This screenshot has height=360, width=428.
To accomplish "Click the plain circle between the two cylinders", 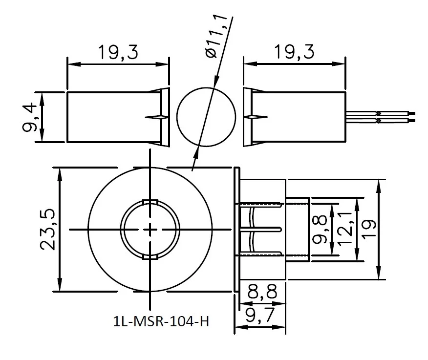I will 206,117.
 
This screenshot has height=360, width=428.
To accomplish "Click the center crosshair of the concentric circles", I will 149,230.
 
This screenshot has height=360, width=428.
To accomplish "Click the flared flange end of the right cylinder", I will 247,117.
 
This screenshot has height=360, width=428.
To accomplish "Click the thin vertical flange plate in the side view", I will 237,230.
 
